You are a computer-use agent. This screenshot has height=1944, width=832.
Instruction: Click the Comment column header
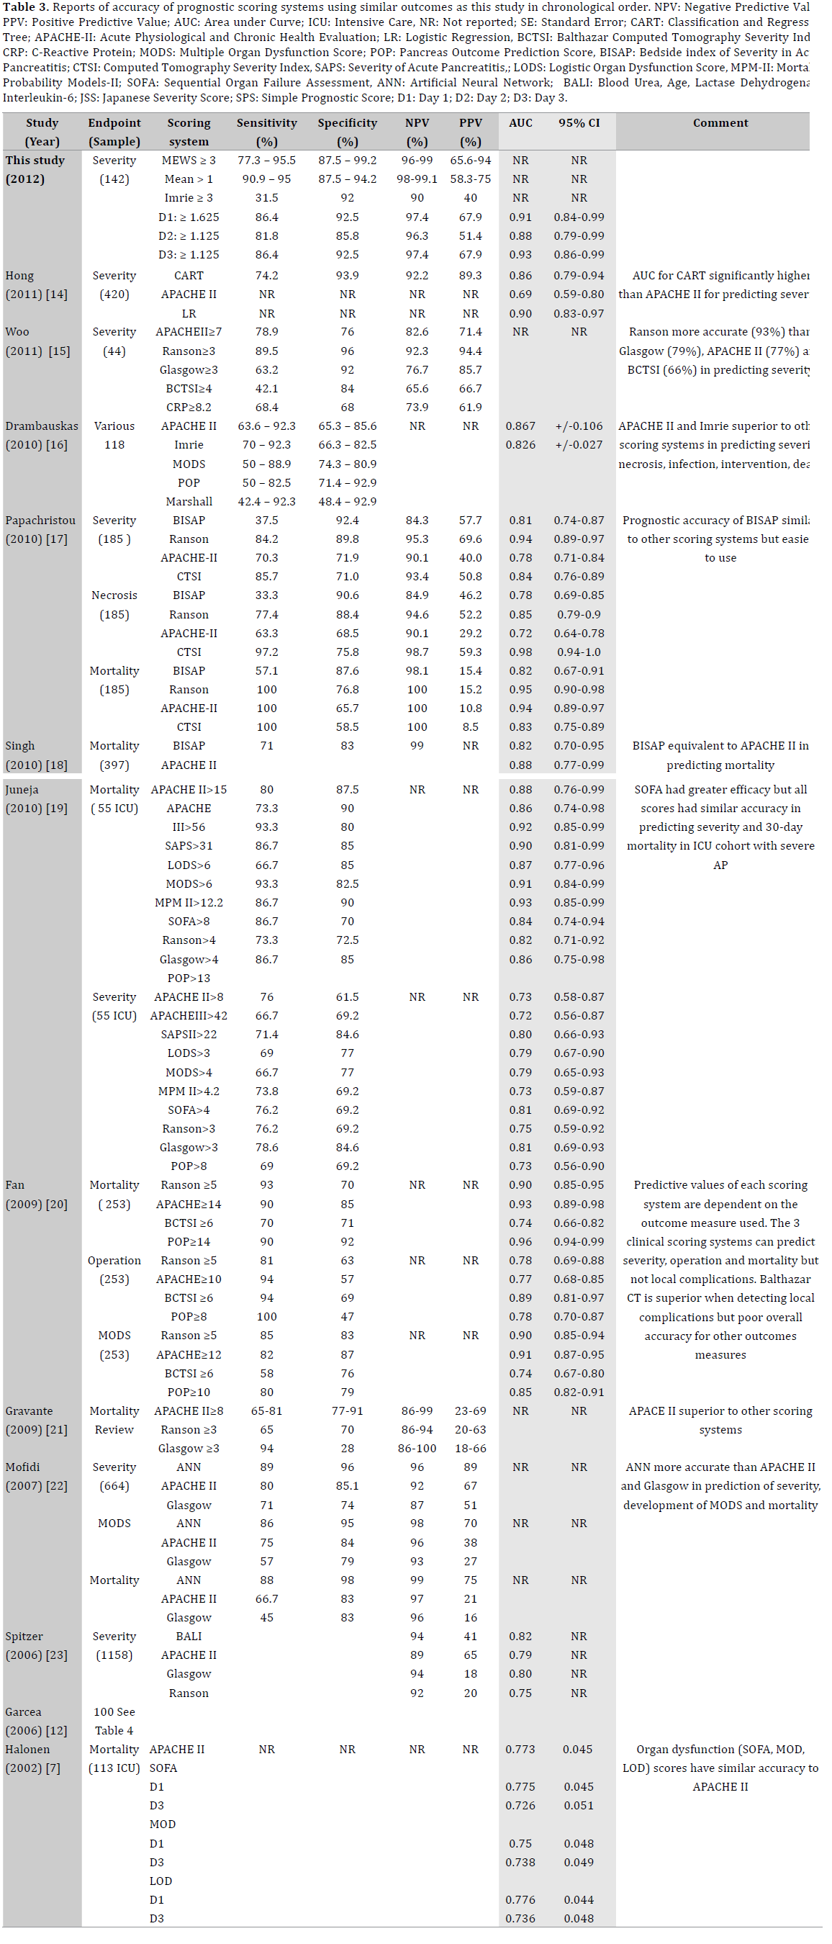point(720,123)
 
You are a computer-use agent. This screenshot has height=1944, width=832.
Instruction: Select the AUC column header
point(520,123)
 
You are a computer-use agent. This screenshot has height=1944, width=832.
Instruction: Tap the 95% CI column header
point(579,123)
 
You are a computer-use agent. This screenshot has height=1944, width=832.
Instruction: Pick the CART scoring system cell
point(189,276)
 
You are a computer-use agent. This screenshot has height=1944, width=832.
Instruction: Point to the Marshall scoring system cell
point(189,501)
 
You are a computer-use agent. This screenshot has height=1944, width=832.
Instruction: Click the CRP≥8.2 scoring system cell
point(189,407)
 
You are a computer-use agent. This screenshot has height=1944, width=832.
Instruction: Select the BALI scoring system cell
point(189,1636)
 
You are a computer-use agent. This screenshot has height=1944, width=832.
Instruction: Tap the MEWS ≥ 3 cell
point(189,160)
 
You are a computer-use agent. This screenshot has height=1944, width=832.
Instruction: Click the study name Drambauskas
point(42,426)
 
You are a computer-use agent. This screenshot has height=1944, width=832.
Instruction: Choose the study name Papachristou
point(41,520)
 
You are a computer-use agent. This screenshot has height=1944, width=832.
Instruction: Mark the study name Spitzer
point(24,1636)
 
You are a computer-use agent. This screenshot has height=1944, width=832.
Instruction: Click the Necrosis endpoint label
point(114,595)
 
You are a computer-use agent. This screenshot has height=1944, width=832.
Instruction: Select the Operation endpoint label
point(114,1260)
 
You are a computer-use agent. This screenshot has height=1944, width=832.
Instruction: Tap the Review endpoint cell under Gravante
point(114,1429)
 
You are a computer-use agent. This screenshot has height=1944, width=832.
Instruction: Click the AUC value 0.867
point(520,426)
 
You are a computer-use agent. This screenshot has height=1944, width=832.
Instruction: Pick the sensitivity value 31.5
point(266,198)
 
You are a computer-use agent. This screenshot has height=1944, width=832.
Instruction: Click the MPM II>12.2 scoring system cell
point(189,903)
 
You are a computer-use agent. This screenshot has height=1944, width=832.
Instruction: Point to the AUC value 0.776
point(520,1899)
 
